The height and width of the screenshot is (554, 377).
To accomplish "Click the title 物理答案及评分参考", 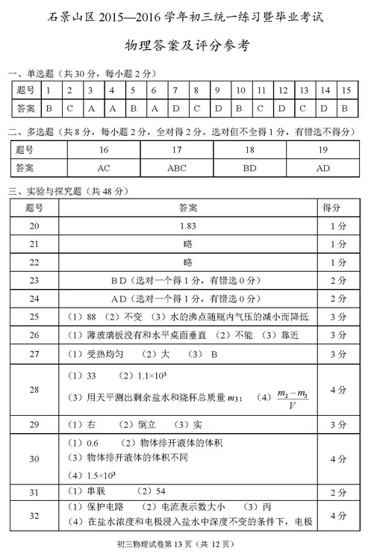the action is pos(187,46).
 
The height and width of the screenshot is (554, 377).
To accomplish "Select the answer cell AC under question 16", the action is pos(104,168).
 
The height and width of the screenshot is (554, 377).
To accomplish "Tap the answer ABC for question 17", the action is pos(177,168).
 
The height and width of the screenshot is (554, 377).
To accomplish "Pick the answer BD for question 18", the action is pos(250,168).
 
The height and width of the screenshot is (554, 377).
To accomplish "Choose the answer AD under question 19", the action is pos(323,168).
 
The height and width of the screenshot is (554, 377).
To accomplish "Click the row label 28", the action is pos(34,389).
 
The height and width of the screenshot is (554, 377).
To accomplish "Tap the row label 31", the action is pos(34,492).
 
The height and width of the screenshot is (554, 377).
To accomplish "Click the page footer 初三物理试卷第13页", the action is pos(187,543).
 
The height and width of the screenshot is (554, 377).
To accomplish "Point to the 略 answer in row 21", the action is pos(187,244).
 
